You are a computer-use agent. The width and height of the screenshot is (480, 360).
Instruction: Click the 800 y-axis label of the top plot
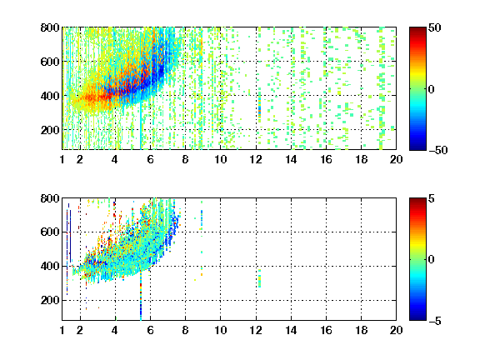click(x=50, y=27)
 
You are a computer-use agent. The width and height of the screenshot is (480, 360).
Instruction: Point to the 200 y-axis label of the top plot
click(x=50, y=130)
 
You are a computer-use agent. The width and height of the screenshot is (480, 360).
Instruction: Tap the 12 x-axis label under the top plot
click(x=256, y=159)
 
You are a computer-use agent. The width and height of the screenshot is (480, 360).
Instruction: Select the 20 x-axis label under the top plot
click(x=396, y=159)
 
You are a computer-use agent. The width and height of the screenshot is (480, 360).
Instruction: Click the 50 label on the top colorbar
click(x=435, y=27)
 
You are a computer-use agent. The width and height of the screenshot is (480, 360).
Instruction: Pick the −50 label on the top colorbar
click(x=437, y=150)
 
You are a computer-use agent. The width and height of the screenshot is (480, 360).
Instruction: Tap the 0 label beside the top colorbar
click(x=432, y=89)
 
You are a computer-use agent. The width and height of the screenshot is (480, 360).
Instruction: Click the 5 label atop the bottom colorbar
click(x=432, y=198)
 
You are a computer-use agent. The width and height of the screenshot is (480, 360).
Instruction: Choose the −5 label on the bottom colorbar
click(x=434, y=321)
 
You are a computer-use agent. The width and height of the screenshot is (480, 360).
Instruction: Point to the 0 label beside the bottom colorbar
click(x=432, y=260)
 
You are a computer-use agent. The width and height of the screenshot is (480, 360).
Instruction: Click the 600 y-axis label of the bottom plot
click(x=50, y=232)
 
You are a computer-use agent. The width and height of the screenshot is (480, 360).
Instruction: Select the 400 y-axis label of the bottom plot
click(x=50, y=266)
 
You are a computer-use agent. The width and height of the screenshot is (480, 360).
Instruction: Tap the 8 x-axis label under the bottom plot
click(x=185, y=330)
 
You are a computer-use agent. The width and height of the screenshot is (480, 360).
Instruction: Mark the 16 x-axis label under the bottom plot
click(x=326, y=330)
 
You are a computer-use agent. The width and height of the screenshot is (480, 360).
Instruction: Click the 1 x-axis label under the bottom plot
click(x=62, y=330)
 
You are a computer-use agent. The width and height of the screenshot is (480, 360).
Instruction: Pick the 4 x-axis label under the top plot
click(x=115, y=159)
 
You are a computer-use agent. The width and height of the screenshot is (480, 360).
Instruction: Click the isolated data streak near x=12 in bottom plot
click(x=260, y=278)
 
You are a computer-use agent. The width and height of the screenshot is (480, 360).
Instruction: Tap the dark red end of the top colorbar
click(x=417, y=31)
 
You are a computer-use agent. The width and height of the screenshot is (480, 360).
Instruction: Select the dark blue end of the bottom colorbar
click(x=417, y=317)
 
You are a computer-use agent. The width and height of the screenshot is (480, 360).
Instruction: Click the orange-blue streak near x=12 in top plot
click(x=260, y=109)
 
